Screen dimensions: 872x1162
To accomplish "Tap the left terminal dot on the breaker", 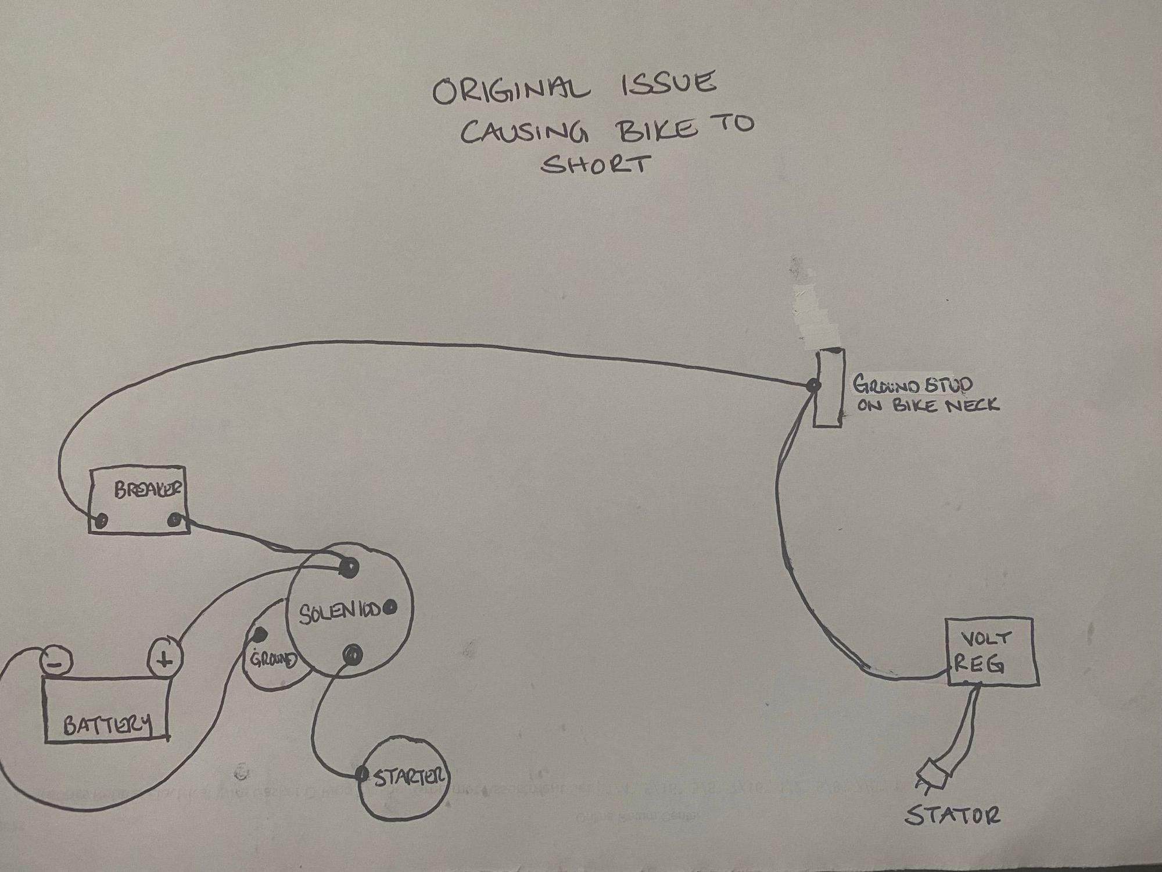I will (102, 520).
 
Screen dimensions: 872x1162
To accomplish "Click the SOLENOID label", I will (340, 612).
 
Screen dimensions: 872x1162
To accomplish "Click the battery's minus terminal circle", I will (56, 662).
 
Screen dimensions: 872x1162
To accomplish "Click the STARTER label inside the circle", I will (410, 777).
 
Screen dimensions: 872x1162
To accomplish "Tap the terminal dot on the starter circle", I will (363, 774).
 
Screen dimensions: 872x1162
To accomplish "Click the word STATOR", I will (952, 815).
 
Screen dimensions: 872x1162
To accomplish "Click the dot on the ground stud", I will (813, 385).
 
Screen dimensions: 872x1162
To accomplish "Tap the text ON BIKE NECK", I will (927, 405).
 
